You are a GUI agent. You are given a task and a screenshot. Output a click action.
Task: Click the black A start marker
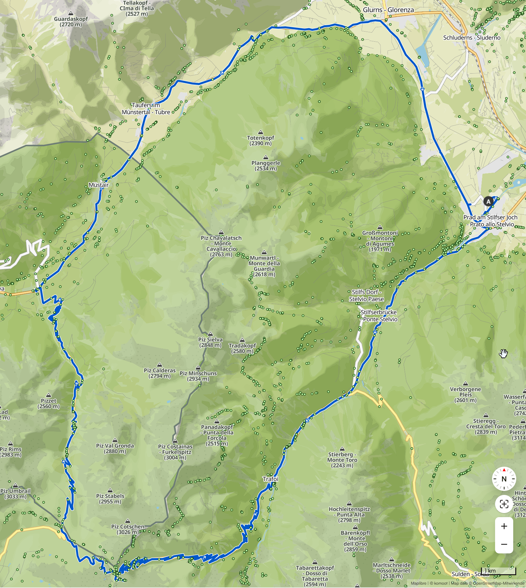[x=488, y=202]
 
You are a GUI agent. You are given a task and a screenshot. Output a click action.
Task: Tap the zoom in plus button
[x=504, y=526]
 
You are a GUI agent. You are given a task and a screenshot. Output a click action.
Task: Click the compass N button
[x=504, y=479]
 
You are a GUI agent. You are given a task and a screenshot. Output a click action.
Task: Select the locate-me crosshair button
[x=504, y=504]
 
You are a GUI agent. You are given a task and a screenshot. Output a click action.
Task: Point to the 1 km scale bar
[x=498, y=571]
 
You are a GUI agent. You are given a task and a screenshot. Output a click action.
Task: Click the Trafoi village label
[x=271, y=479]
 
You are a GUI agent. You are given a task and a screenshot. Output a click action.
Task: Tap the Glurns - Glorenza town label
[x=388, y=10]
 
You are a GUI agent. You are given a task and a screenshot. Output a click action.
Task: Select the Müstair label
[x=99, y=185]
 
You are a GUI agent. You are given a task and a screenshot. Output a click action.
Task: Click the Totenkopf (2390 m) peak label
[x=260, y=140]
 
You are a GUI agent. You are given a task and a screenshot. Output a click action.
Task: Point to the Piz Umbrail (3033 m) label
[x=15, y=494]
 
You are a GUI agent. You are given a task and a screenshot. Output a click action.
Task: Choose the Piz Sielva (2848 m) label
[x=210, y=342]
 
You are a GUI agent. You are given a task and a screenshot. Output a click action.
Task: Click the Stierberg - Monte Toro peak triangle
[x=342, y=449]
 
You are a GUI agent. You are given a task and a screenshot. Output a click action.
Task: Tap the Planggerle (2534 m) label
[x=266, y=166]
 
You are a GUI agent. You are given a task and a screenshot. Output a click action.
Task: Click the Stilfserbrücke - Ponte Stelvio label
[x=379, y=316]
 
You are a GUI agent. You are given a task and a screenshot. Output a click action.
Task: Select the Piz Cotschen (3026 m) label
[x=128, y=529]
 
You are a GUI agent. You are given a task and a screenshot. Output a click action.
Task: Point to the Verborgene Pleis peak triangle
[x=466, y=384]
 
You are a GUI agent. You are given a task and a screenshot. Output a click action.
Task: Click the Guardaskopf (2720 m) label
[x=71, y=22]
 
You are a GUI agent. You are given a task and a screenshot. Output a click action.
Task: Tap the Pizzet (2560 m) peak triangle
[x=49, y=395]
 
